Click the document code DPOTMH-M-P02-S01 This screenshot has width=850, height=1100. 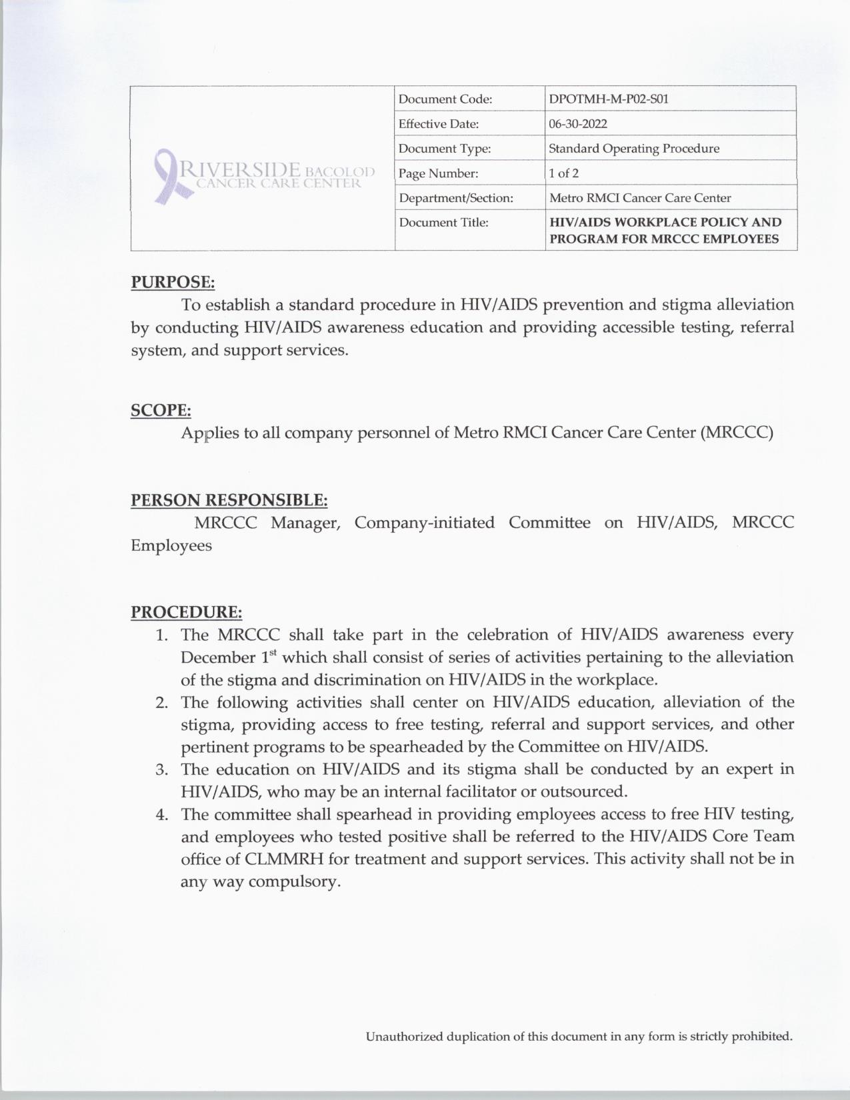pos(608,99)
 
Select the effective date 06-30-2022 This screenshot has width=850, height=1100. pos(578,124)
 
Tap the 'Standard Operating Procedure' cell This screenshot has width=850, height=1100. pos(634,149)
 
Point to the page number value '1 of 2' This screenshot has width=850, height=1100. pos(563,173)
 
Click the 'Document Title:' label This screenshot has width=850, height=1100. pos(443,223)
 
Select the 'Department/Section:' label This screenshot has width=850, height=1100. pos(456,198)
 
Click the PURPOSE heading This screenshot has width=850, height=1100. pos(173,282)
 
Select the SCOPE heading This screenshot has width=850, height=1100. pos(161,410)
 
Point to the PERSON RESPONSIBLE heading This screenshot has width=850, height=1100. pos(229,500)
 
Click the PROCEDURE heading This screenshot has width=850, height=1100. pos(186,611)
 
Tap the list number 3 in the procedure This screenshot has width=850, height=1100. pos(161,770)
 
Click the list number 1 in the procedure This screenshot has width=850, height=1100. pos(161,635)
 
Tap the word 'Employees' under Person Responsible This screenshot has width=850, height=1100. pos(171,545)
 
